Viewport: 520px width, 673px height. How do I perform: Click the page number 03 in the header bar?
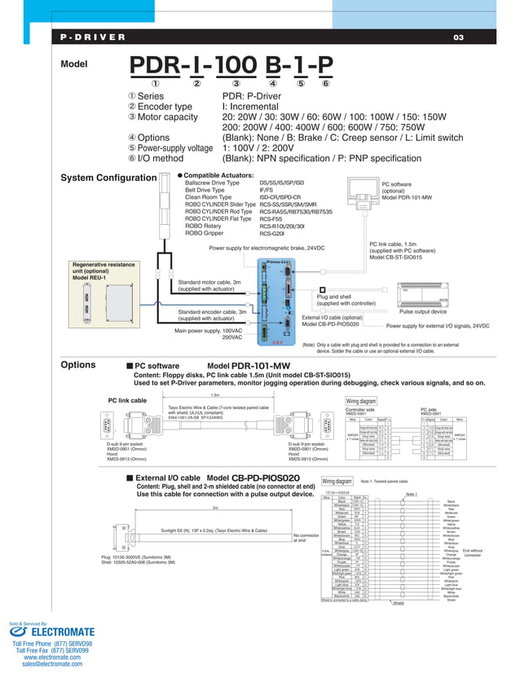(457, 37)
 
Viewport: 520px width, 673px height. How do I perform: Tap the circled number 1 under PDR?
(156, 82)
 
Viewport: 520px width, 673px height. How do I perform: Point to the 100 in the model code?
(236, 64)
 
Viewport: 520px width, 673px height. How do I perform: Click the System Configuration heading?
(109, 178)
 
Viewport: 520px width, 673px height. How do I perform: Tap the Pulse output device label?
(422, 311)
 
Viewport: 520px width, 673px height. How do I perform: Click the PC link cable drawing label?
(127, 400)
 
